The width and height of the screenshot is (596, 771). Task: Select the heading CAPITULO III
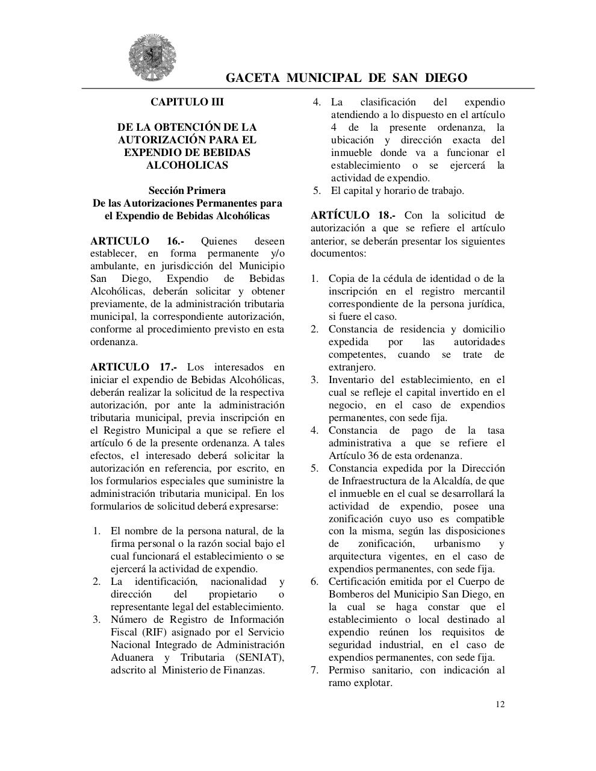pos(187,102)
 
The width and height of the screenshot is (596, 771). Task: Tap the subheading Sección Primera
pos(187,190)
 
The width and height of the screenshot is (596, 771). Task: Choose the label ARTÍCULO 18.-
pos(353,215)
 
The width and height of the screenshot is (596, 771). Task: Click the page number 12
pos(500,704)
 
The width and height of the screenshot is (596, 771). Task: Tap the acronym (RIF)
pos(154,632)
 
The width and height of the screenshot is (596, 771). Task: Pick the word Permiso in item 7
pos(346,670)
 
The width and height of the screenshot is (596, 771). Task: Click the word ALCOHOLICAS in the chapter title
pos(187,165)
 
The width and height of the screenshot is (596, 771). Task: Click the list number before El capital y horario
pos(317,190)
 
